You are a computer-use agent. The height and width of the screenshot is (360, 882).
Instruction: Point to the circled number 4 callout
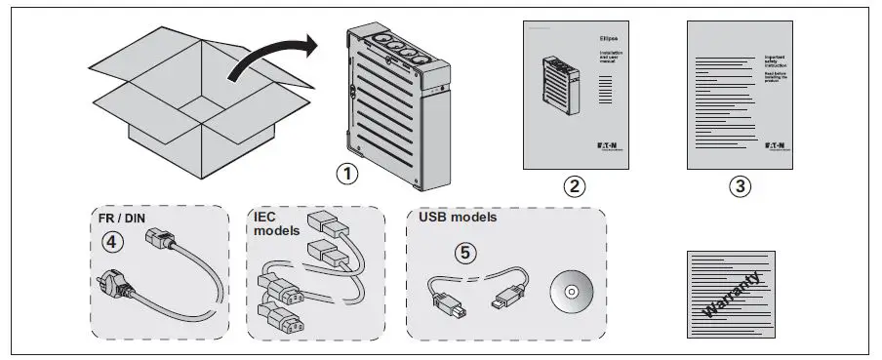pyautogui.click(x=114, y=241)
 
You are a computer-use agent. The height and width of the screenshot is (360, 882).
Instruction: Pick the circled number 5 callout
pyautogui.click(x=467, y=252)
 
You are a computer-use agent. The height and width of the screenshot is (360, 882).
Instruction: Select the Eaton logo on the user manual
pyautogui.click(x=605, y=144)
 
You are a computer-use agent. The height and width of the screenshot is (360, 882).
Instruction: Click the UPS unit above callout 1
pyautogui.click(x=400, y=102)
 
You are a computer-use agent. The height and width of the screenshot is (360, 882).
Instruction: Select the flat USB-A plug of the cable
pyautogui.click(x=511, y=295)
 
